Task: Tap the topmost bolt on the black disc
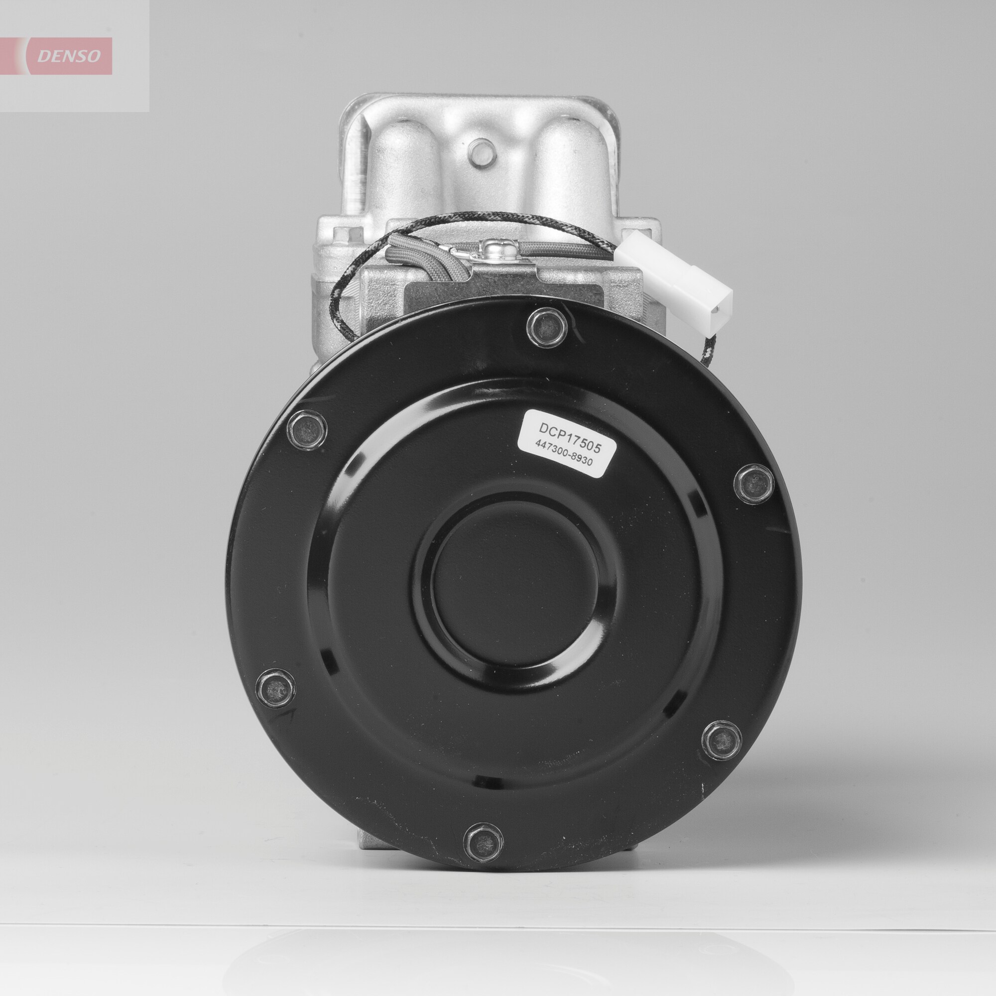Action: (x=547, y=327)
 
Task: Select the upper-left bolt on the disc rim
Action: (x=307, y=430)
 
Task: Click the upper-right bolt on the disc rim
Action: (x=753, y=483)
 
